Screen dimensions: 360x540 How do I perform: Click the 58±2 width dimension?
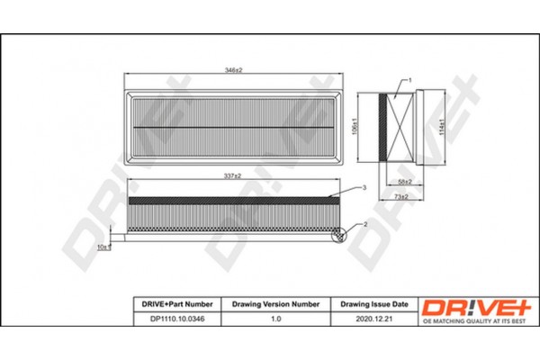tap(403, 182)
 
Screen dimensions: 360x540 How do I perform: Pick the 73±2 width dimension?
tap(402, 196)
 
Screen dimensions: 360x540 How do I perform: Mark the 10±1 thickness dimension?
tap(103, 246)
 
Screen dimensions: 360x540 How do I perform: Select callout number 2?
tap(366, 222)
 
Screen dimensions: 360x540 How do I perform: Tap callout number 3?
tap(365, 187)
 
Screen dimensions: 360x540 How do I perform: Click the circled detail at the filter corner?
tap(339, 235)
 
